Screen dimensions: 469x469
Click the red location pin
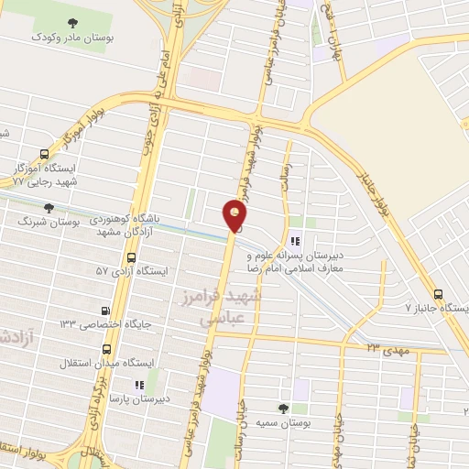235,214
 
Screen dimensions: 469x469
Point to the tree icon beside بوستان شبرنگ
49,208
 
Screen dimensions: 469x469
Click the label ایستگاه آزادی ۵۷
132,272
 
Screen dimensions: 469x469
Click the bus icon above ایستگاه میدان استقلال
107,349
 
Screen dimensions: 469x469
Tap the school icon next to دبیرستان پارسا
138,386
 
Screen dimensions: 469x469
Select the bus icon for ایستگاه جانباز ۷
439,295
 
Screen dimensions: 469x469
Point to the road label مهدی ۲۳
385,346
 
